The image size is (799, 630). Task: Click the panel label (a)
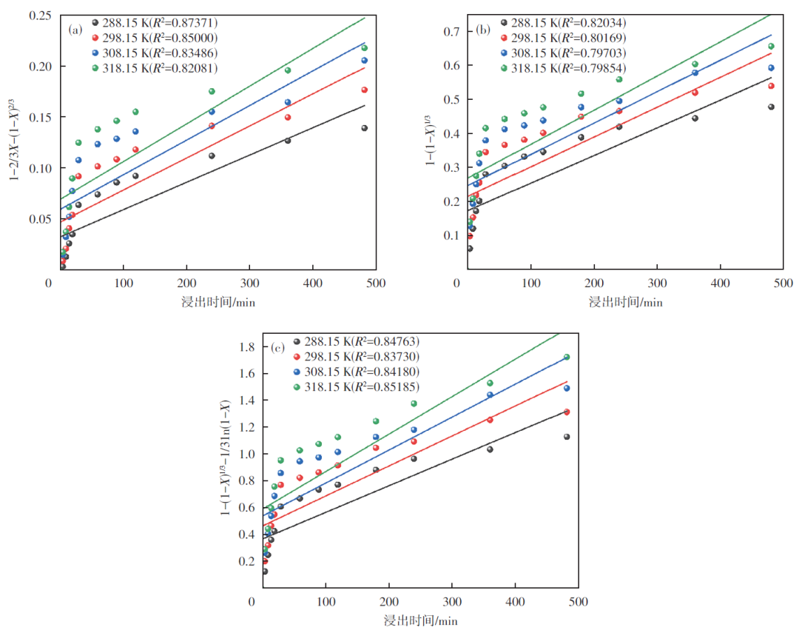click(75, 30)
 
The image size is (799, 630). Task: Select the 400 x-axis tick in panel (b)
click(720, 283)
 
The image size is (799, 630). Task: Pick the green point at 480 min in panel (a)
click(364, 48)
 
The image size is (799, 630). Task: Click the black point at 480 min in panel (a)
click(364, 128)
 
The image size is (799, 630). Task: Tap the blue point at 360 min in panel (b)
click(695, 73)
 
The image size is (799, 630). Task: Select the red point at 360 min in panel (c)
click(490, 420)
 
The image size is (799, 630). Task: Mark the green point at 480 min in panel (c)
click(567, 357)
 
